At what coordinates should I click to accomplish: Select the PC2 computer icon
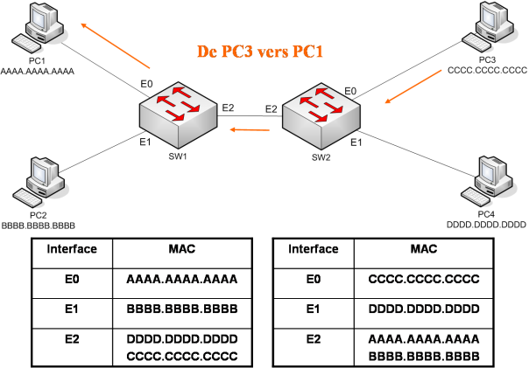[39, 183]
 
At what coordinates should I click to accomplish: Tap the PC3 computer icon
[488, 26]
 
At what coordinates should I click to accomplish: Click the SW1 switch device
[178, 115]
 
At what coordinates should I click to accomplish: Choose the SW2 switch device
[321, 116]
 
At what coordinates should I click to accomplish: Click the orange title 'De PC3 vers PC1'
[260, 52]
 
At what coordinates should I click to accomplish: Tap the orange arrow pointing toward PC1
[116, 45]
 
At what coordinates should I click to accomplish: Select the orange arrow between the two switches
[250, 129]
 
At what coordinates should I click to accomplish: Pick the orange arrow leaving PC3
[413, 87]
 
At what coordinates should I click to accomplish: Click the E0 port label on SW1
[146, 84]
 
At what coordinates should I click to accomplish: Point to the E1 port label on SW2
[356, 142]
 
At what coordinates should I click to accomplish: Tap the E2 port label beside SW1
[228, 108]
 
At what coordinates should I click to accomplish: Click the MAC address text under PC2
[39, 226]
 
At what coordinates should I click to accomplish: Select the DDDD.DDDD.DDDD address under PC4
[486, 225]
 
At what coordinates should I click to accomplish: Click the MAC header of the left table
[182, 249]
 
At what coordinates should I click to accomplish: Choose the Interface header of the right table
[314, 249]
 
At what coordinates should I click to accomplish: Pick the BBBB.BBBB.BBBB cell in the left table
[182, 309]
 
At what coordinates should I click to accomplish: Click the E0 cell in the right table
[314, 279]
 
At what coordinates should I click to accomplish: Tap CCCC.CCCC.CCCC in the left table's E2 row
[182, 357]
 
